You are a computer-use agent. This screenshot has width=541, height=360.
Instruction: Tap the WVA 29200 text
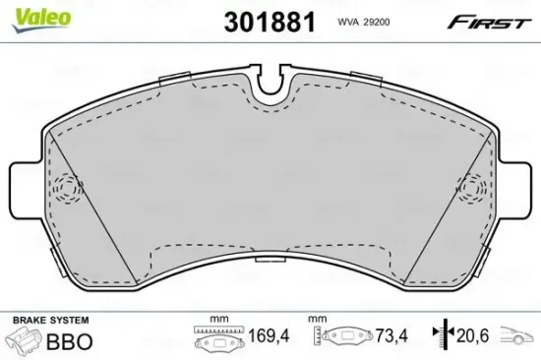(x=364, y=21)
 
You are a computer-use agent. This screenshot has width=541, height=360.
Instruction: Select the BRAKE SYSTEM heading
(x=49, y=322)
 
